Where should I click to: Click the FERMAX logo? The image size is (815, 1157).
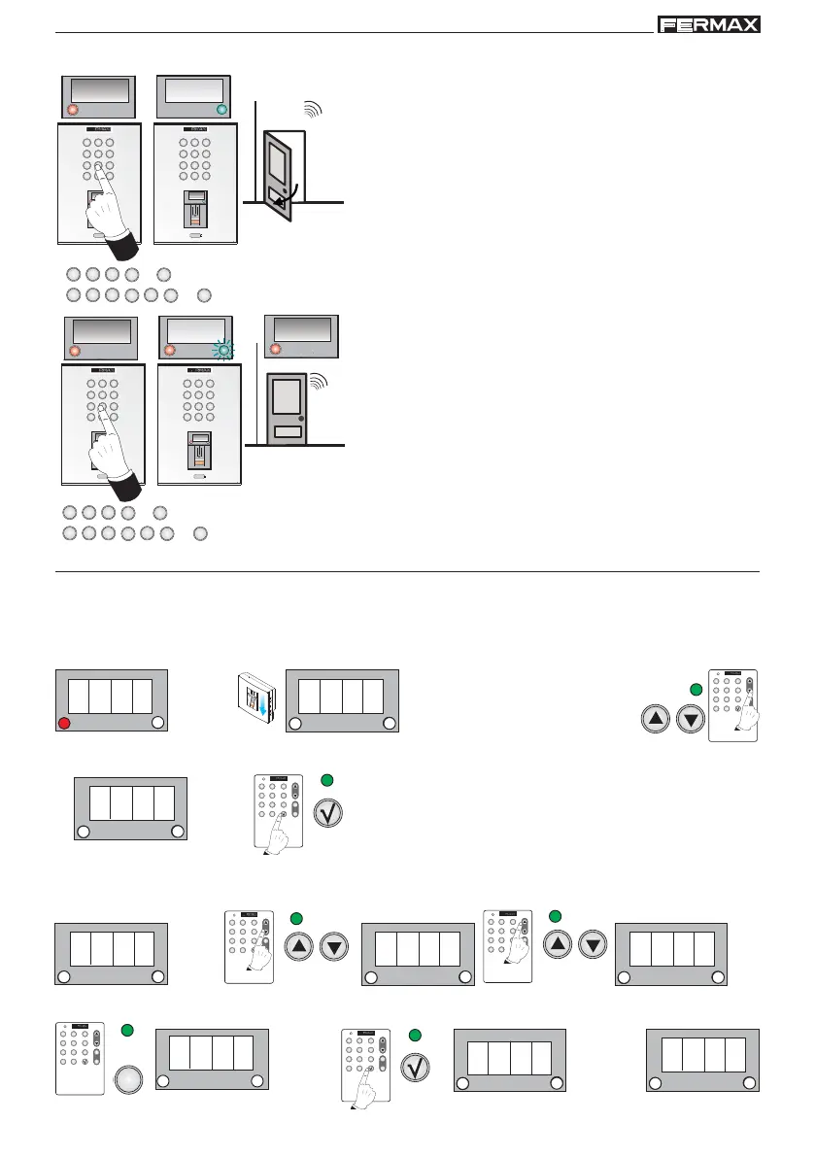click(x=708, y=25)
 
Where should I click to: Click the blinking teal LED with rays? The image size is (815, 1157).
click(x=224, y=350)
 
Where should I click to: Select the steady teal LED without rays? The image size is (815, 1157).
click(x=223, y=110)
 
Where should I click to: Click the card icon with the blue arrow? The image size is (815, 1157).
click(x=256, y=697)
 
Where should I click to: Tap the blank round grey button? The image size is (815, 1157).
click(x=129, y=1079)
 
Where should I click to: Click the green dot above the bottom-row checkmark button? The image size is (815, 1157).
click(x=415, y=1035)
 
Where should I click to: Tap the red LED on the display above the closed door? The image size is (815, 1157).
click(x=276, y=349)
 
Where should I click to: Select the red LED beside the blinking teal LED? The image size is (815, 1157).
click(x=171, y=350)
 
